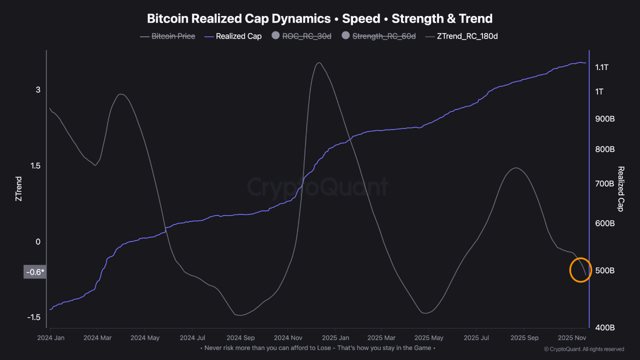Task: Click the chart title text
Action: [x=319, y=19]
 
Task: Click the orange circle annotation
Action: [x=580, y=270]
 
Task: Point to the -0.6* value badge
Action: [x=35, y=272]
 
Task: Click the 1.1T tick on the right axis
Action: [x=601, y=67]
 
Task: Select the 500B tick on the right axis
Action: [x=604, y=270]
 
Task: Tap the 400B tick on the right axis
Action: [x=604, y=327]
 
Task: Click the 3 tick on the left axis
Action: [x=37, y=89]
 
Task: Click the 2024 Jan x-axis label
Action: [x=50, y=338]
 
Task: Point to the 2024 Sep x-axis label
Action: [x=241, y=338]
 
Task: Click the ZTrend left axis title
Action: [x=18, y=188]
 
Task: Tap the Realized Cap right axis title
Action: [x=621, y=189]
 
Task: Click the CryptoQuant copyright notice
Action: [x=583, y=349]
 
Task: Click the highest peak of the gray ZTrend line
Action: [x=318, y=62]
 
